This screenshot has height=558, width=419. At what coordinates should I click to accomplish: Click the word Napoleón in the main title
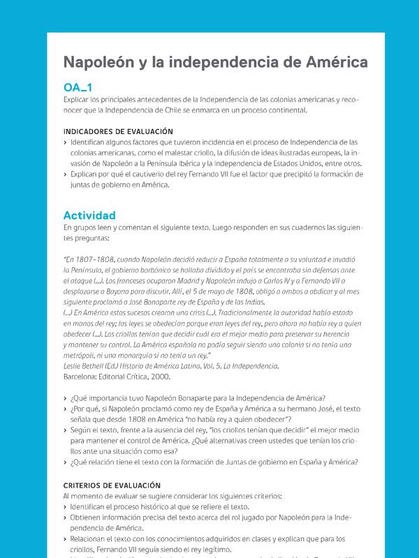click(94, 62)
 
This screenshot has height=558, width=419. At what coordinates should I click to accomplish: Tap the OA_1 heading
click(78, 87)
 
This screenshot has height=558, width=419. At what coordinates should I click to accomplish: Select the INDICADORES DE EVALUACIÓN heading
click(118, 131)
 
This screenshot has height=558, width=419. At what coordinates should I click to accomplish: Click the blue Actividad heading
click(89, 216)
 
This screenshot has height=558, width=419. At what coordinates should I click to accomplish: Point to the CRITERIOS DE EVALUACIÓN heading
click(112, 485)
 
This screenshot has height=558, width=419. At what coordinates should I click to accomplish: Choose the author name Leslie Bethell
click(86, 366)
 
